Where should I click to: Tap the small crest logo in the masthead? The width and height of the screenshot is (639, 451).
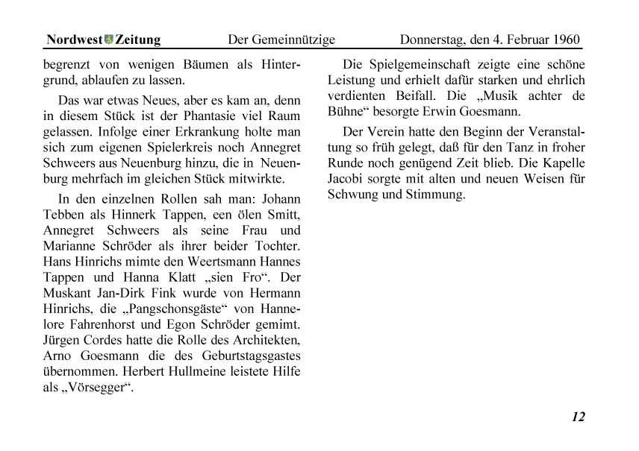[108, 40]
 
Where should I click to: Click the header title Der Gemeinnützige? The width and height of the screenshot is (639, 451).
[281, 40]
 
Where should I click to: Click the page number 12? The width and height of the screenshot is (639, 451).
[578, 417]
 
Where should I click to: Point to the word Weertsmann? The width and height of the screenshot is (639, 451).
[218, 262]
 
